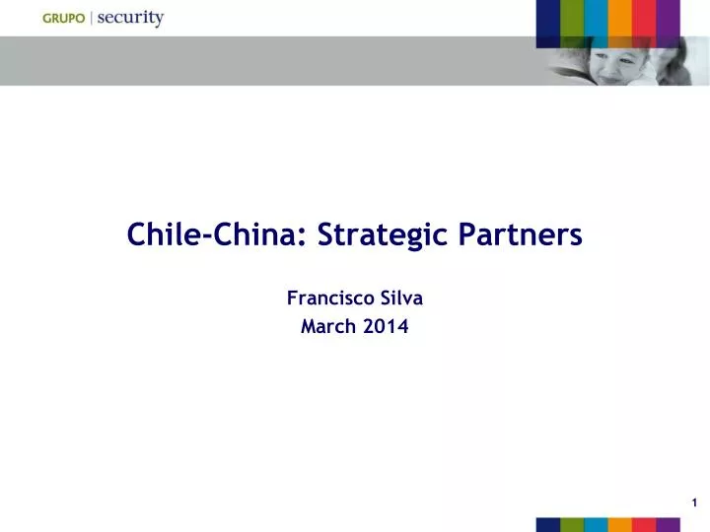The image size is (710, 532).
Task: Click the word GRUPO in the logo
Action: click(64, 19)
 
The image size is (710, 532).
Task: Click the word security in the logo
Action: click(130, 18)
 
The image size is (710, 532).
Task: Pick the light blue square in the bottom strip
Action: click(597, 524)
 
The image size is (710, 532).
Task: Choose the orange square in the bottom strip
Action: click(620, 524)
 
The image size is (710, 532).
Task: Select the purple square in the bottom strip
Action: click(669, 524)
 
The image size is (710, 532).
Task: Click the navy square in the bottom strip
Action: click(548, 524)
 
